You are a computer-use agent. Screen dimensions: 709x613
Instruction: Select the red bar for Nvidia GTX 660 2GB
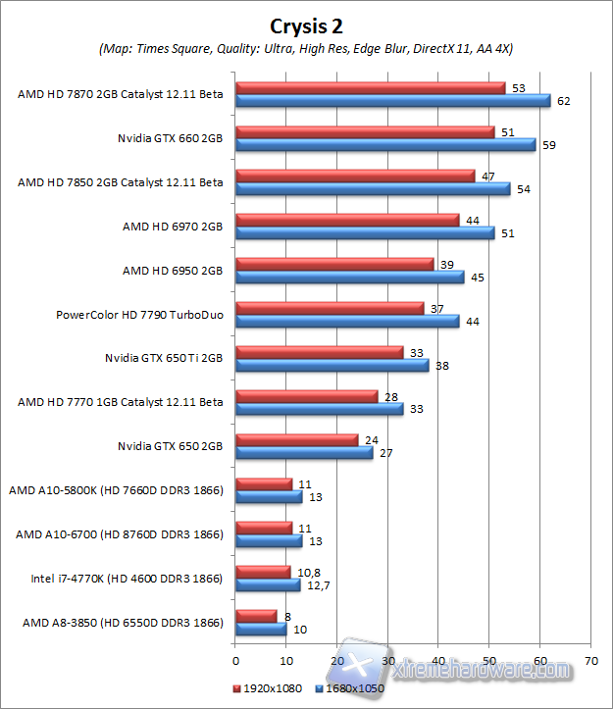point(365,132)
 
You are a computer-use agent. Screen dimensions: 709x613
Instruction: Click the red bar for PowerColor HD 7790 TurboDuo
point(330,309)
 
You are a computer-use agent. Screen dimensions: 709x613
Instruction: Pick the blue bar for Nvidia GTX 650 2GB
point(304,453)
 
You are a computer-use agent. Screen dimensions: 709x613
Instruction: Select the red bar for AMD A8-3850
point(256,616)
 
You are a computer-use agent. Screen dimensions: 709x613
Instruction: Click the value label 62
point(563,101)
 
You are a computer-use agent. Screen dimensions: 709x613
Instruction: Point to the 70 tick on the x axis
point(590,661)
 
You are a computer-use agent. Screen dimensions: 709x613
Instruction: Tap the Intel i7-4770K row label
point(122,579)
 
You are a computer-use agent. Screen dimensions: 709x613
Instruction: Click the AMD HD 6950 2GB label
point(173,270)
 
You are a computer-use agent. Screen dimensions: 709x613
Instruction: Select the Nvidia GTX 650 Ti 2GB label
point(164,358)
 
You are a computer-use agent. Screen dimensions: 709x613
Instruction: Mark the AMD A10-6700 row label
point(120,534)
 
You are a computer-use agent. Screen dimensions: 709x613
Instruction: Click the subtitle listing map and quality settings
point(306,48)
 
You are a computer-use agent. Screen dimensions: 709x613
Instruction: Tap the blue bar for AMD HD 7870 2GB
point(393,101)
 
